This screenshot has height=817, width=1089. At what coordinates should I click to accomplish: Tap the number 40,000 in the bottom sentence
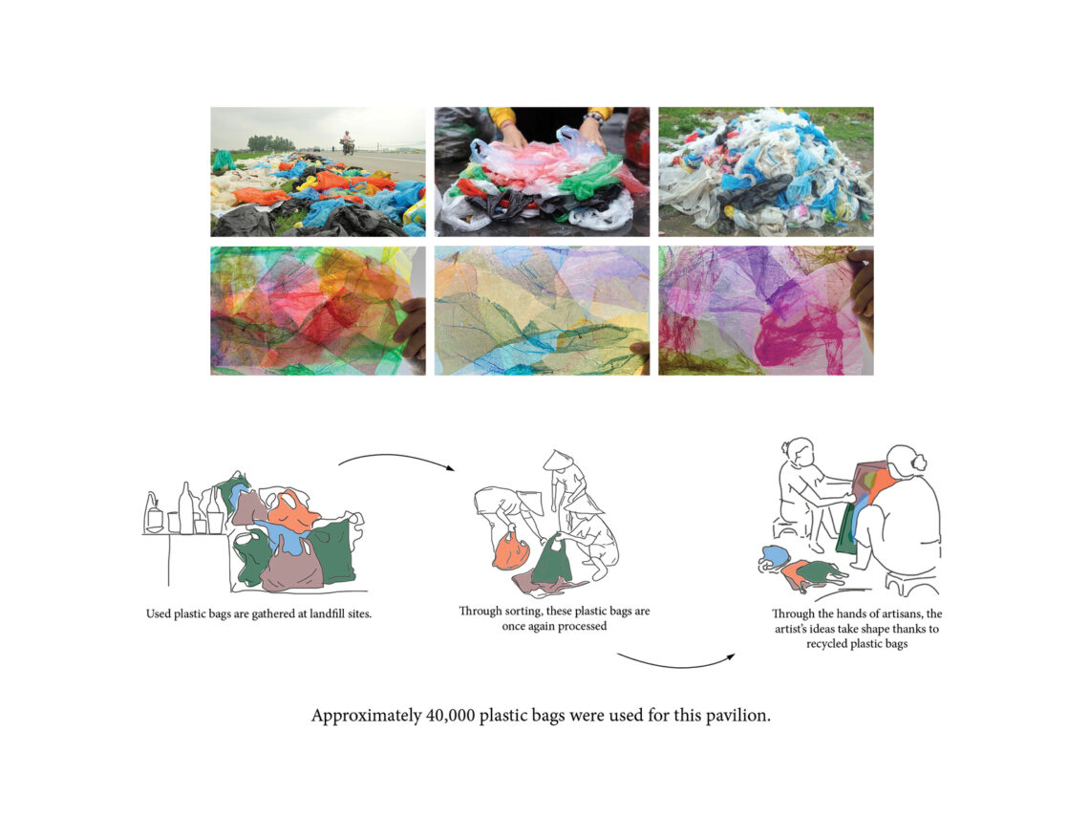(450, 716)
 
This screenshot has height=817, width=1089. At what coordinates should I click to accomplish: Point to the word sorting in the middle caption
(523, 612)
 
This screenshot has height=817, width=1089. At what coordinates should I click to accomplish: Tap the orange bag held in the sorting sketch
(511, 550)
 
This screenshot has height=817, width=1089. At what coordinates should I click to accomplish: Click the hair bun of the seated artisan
(919, 462)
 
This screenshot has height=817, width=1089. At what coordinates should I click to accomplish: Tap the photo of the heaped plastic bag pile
(766, 172)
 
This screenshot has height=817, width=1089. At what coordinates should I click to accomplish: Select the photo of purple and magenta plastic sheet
(766, 311)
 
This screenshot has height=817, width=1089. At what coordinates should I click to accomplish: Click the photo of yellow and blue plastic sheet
(542, 311)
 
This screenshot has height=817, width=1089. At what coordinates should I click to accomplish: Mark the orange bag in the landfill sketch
(291, 510)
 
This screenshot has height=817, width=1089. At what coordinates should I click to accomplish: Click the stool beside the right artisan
(912, 584)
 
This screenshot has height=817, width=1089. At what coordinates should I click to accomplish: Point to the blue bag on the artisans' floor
(775, 556)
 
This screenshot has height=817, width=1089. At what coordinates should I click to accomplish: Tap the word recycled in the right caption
(826, 644)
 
